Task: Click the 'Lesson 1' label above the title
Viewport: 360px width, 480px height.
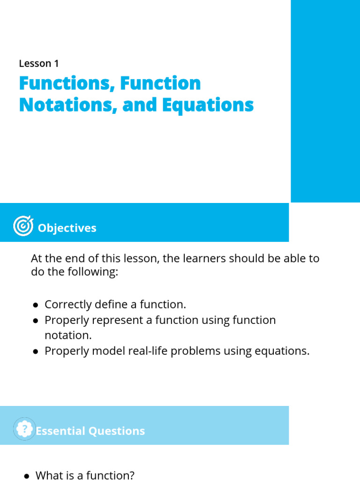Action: (x=39, y=63)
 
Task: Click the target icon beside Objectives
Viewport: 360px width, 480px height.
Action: (x=23, y=226)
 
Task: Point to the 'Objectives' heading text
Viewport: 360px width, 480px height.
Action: (x=67, y=228)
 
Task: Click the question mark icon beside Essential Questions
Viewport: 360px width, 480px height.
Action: (x=25, y=429)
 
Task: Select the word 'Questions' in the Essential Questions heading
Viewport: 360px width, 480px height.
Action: (x=117, y=431)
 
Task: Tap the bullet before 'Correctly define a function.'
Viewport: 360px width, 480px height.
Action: (x=36, y=305)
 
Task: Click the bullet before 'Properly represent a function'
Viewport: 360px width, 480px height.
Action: (x=36, y=321)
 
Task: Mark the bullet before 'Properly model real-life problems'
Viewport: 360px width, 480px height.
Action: (x=36, y=352)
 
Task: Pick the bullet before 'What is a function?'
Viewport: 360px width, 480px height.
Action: (x=27, y=476)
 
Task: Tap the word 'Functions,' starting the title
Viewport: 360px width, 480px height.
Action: (x=67, y=83)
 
